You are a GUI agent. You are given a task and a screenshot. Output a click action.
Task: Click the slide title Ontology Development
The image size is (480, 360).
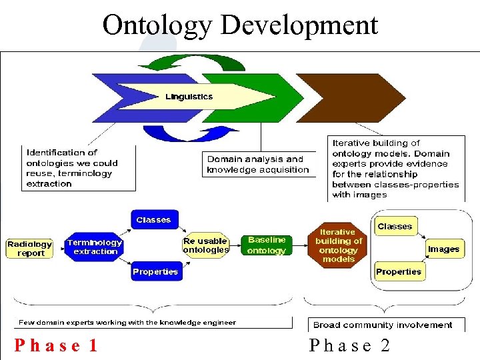240,25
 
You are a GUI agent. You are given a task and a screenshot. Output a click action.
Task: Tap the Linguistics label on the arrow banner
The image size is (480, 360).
189,97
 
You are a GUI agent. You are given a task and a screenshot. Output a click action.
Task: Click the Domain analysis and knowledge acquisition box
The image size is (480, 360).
258,164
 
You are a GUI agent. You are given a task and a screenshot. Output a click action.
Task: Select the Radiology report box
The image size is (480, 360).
30,249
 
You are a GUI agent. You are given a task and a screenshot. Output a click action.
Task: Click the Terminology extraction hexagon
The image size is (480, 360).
95,247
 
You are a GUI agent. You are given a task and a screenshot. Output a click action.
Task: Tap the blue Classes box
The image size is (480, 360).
153,220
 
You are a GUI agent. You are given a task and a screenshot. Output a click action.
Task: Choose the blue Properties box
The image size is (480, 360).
155,271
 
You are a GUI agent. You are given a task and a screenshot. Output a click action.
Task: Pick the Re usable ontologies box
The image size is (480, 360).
205,245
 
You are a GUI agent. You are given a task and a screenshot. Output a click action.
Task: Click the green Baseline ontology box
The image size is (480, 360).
266,245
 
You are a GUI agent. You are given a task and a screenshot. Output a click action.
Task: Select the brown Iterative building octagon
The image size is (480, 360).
338,246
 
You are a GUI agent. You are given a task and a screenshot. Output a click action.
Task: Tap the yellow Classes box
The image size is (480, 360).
395,227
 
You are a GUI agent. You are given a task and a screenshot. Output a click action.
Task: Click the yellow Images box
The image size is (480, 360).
444,249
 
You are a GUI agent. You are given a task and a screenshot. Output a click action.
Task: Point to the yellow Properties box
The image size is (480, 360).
398,271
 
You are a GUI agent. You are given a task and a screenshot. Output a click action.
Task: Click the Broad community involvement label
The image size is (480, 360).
383,325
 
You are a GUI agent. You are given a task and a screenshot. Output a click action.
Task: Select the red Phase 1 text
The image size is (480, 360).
57,345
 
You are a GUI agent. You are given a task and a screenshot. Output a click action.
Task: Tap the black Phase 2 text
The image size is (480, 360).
349,345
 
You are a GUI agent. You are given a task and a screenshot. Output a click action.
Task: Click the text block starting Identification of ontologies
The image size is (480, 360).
71,168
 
